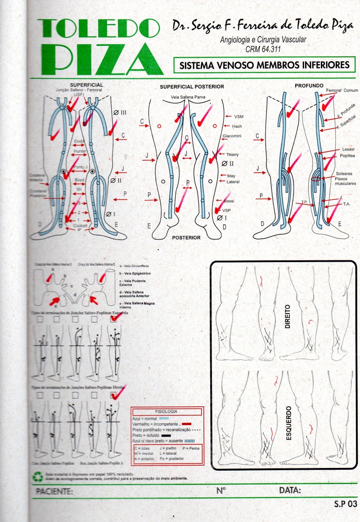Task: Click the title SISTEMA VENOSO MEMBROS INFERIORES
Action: click(264, 65)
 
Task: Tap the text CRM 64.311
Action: click(263, 49)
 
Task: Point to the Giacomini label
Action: click(234, 136)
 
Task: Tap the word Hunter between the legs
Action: click(80, 151)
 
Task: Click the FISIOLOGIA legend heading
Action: click(166, 412)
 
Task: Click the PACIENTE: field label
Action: click(54, 490)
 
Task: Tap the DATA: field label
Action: click(290, 490)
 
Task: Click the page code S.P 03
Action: click(345, 504)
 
